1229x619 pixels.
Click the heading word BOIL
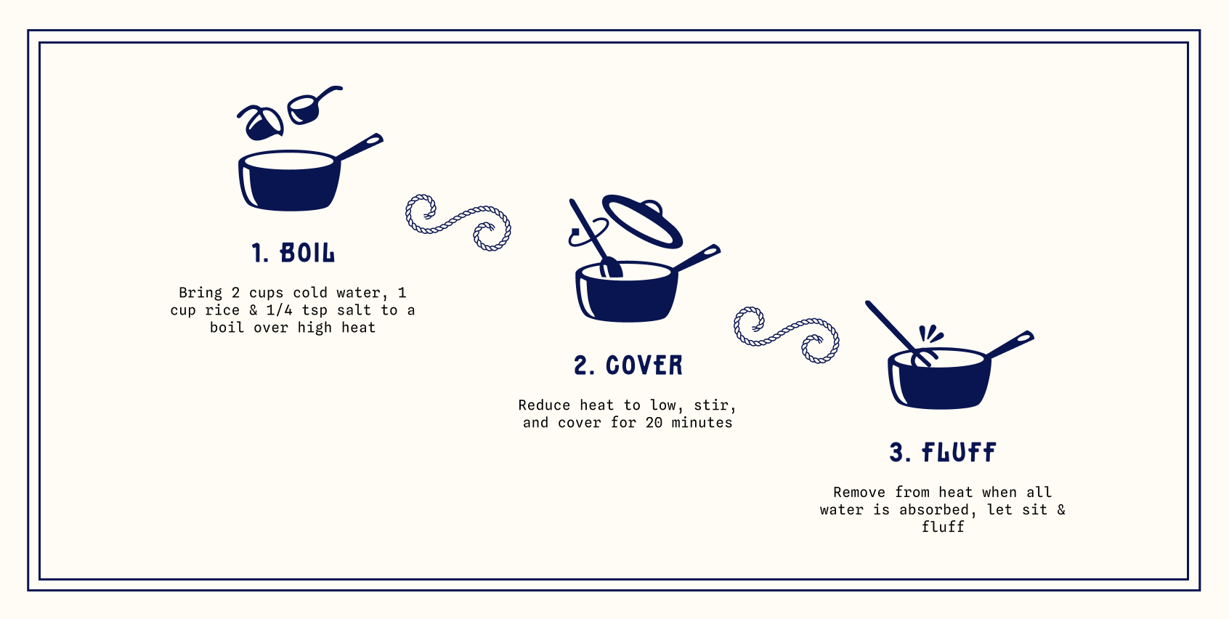(307, 253)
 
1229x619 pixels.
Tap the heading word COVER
(644, 365)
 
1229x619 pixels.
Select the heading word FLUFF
(959, 453)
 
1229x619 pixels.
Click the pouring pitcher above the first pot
(261, 122)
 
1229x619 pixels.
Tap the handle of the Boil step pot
(360, 147)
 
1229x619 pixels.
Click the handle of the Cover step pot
(697, 258)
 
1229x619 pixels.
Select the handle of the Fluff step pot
(1010, 344)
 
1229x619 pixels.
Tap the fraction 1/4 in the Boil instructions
(279, 310)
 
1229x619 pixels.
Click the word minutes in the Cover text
(702, 423)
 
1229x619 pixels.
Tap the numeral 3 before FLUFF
(896, 453)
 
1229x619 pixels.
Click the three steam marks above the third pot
(930, 333)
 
